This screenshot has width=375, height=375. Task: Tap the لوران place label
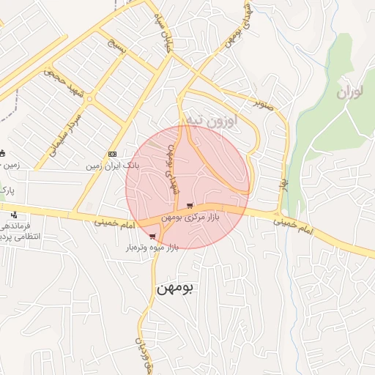pyautogui.click(x=351, y=93)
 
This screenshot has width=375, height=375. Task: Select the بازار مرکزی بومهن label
pyautogui.click(x=200, y=217)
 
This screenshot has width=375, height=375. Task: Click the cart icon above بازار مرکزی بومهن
pyautogui.click(x=190, y=206)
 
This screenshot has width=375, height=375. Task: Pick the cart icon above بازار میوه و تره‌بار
pyautogui.click(x=152, y=237)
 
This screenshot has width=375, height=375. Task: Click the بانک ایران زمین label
pyautogui.click(x=112, y=166)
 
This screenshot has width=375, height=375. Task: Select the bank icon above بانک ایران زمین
pyautogui.click(x=111, y=154)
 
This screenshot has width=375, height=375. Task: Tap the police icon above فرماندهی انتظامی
pyautogui.click(x=14, y=215)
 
